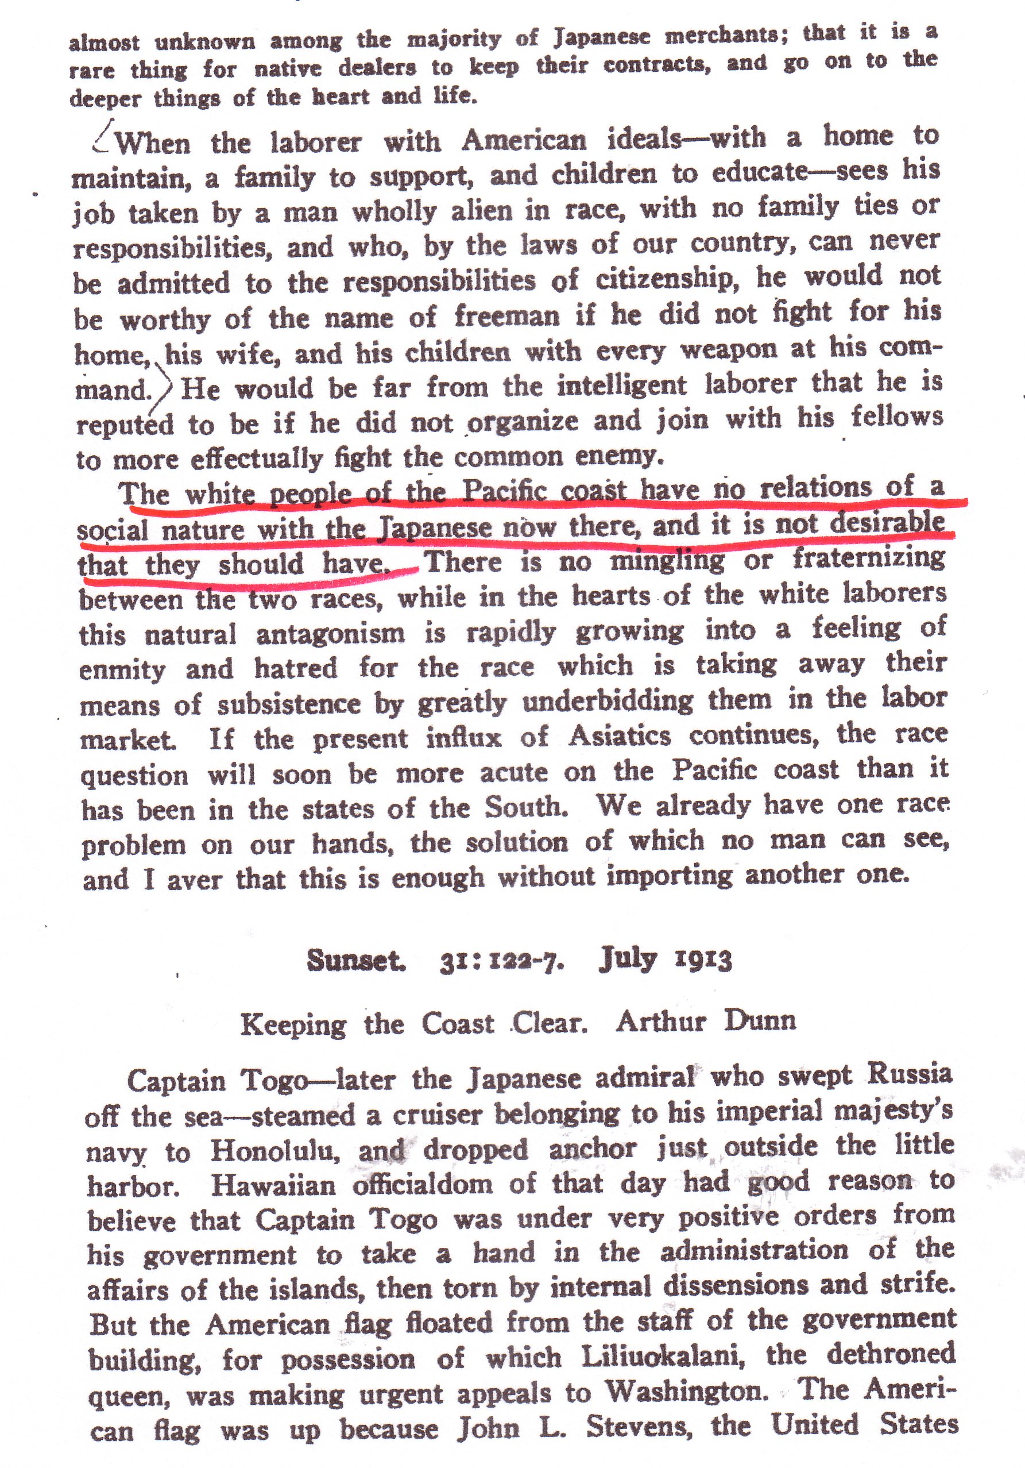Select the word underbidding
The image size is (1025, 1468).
(x=607, y=701)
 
